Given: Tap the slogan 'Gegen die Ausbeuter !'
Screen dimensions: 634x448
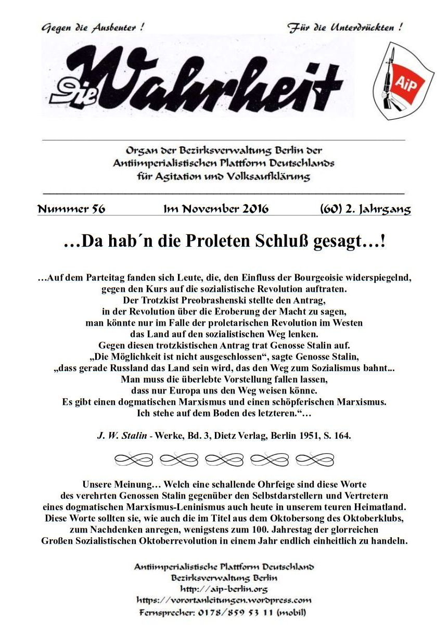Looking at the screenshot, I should (x=93, y=28).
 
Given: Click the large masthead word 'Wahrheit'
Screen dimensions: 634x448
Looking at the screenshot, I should (x=208, y=78).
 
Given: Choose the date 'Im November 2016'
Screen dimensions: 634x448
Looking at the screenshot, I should (x=216, y=209).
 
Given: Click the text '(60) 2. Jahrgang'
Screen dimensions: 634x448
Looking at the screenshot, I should (x=365, y=209).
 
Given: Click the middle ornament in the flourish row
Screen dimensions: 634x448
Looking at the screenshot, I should (x=224, y=459).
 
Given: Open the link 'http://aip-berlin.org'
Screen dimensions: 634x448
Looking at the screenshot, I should (x=224, y=589).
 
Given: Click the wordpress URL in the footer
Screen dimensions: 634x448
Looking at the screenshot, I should (x=224, y=600).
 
